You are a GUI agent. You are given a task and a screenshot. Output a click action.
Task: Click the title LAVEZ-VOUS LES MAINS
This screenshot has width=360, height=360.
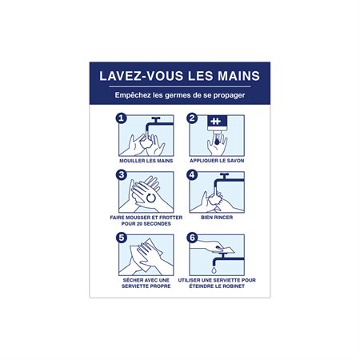179,78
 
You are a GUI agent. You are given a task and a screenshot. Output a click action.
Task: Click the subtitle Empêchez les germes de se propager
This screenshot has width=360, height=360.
179,98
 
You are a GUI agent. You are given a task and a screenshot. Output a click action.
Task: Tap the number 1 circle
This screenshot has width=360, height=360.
122,118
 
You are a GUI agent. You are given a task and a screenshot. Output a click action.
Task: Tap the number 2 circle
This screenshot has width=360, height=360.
192,118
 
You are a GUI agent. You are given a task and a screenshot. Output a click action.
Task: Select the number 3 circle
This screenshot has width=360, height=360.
122,174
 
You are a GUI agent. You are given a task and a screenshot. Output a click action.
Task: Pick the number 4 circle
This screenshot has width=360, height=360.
192,174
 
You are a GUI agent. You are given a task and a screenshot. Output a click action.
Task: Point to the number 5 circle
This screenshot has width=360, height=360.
122,238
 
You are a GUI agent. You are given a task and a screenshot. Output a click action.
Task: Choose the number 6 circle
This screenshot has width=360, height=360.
192,238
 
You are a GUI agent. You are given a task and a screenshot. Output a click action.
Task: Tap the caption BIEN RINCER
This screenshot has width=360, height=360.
216,217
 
